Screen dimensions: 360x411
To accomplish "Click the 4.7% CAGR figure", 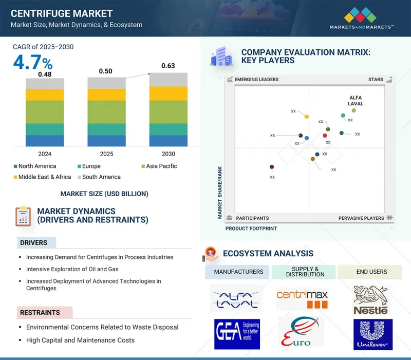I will click(32, 63).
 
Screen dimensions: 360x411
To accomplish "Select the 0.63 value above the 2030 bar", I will click(167, 66).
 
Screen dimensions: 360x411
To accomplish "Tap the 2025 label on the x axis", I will click(106, 154).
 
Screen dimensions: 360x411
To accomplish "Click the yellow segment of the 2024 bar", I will click(45, 95).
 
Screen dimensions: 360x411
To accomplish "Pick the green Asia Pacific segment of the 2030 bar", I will click(168, 112).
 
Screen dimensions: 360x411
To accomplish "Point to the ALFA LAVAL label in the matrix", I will click(356, 100).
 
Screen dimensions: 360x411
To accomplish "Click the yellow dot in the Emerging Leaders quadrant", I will click(307, 117).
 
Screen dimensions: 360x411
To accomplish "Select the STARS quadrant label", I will click(376, 80).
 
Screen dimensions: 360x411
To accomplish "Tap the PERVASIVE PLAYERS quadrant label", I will click(361, 218).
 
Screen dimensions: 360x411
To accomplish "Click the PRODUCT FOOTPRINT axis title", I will click(251, 229).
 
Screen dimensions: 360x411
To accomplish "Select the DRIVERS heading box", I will click(34, 243).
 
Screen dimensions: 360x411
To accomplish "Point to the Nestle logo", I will click(372, 300).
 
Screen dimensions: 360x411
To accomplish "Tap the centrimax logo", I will click(302, 298).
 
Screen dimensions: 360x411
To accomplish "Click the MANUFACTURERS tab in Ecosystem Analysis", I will click(238, 272).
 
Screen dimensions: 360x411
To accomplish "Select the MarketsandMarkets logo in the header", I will click(361, 18).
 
